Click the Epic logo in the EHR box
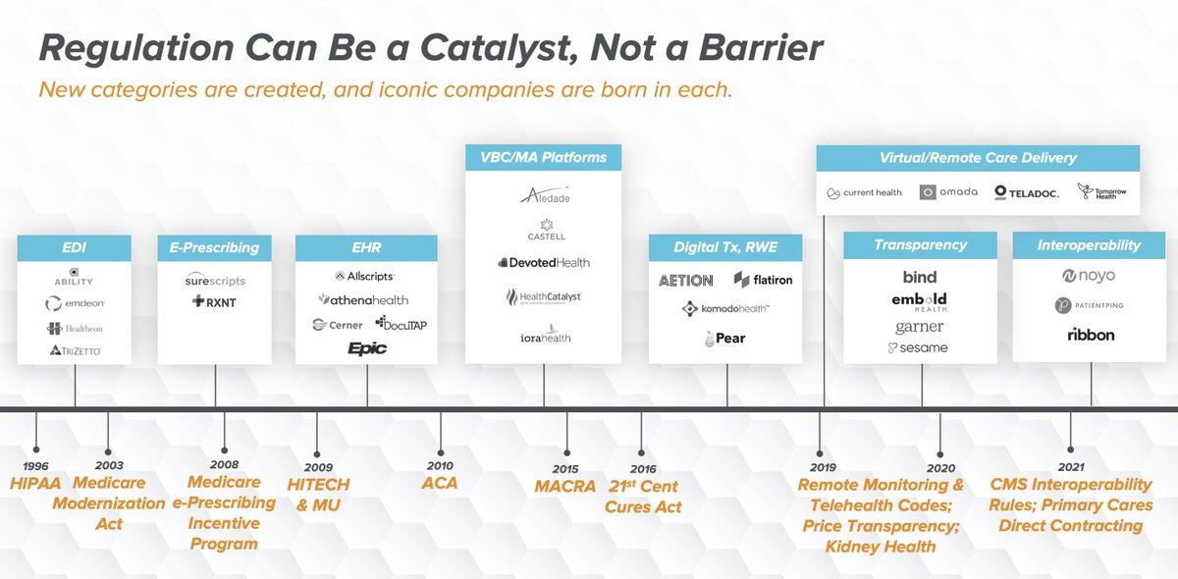366,347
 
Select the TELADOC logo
1026,192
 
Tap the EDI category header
74,247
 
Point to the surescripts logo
215,281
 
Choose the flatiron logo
763,280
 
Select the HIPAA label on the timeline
35,484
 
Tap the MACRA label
566,486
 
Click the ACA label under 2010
441,483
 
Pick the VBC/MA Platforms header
543,157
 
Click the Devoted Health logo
543,263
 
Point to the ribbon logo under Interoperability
1091,335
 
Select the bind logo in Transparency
920,277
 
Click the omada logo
948,192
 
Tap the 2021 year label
1071,467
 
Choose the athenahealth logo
363,299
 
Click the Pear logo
724,339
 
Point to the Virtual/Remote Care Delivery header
978,157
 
